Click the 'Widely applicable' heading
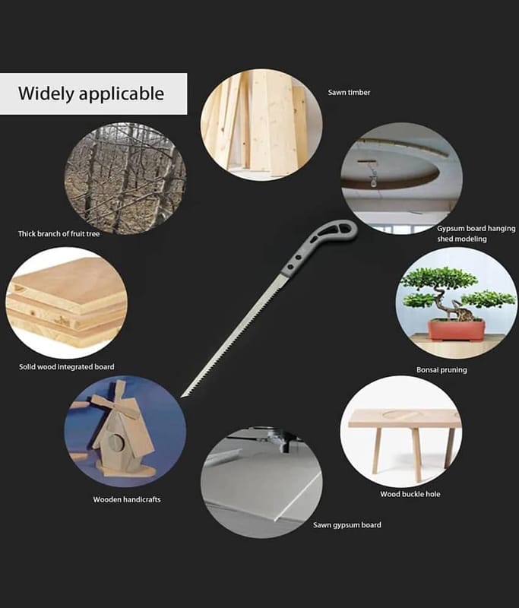pos(91,93)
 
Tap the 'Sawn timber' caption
pos(349,92)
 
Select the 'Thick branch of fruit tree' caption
pos(59,234)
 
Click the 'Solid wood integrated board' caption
pos(67,367)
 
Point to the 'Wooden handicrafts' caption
pos(127,499)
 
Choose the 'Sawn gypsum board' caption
pos(347,525)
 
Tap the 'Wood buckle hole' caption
pos(410,494)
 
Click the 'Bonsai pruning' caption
pos(441,370)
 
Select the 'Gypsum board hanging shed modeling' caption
pos(476,233)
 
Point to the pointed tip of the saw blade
pos(182,397)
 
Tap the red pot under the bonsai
pos(456,330)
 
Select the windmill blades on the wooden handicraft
pos(116,404)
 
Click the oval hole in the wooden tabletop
pos(401,415)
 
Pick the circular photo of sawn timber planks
pos(261,125)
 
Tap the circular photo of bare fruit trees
pos(125,179)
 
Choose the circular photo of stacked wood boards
pos(66,302)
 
